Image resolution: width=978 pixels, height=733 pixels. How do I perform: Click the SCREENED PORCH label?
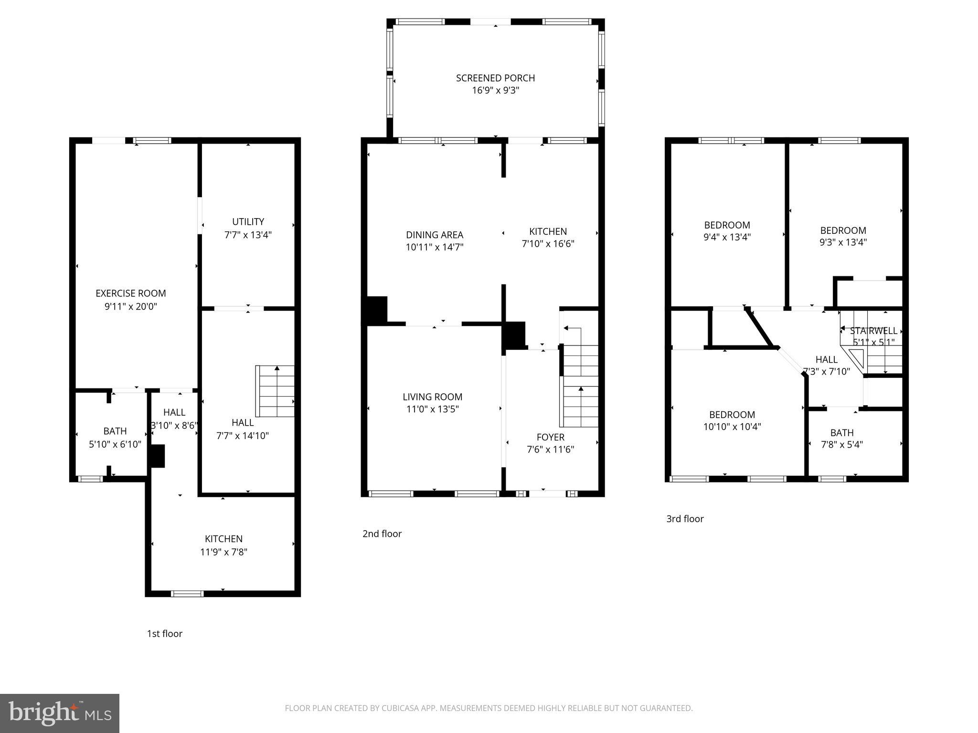(x=495, y=78)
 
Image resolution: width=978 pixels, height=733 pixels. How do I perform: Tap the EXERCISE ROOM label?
(x=130, y=293)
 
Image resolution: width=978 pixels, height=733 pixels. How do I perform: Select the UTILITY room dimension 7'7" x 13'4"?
(x=248, y=235)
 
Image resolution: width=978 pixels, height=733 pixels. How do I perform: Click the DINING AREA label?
(x=434, y=235)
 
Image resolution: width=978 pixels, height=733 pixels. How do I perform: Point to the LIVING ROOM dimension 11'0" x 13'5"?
(x=432, y=409)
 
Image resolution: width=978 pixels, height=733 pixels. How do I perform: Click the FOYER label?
(x=550, y=437)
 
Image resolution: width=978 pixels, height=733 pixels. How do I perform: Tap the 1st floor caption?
(x=164, y=634)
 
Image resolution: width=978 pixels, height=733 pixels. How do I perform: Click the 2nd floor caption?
(x=382, y=534)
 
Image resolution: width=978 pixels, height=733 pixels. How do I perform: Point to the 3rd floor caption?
(x=685, y=519)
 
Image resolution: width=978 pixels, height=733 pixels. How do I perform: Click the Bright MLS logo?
(x=60, y=713)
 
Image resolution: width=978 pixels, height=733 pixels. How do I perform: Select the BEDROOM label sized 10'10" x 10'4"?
(x=732, y=415)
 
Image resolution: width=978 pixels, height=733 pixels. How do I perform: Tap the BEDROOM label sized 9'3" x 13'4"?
(x=843, y=230)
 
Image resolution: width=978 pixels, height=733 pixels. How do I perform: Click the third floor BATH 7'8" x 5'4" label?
(x=841, y=433)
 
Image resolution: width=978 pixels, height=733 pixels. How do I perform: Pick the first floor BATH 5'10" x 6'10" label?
(x=115, y=431)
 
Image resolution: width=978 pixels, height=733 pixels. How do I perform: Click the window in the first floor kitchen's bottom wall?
(x=187, y=594)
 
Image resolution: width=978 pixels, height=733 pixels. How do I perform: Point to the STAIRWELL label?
(x=873, y=331)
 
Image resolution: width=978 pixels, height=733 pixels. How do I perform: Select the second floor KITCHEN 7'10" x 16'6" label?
(x=548, y=231)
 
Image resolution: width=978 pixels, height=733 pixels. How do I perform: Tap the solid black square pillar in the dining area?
(x=377, y=311)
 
